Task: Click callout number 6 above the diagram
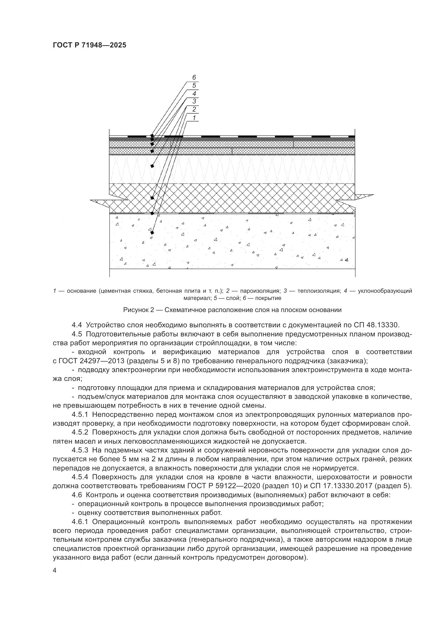point(194,78)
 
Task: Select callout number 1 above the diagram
point(194,118)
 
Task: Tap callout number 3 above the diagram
point(194,102)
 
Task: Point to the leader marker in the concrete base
point(152,233)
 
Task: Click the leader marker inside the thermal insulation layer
point(152,166)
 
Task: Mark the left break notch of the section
point(109,202)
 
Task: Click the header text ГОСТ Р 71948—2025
point(89,45)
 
